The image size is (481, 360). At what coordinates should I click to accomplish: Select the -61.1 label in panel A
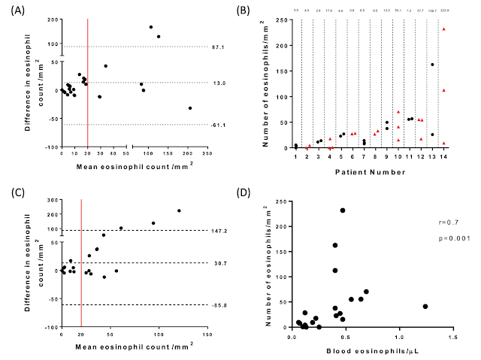tap(219, 125)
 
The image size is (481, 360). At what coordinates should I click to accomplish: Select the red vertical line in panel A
tap(89, 83)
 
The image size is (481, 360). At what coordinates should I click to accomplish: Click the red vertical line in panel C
tap(81, 263)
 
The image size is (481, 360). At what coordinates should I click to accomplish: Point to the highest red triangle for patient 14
tap(444, 29)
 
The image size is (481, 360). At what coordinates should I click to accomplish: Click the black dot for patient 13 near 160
tap(432, 65)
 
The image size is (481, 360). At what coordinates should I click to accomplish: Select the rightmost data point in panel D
tap(425, 307)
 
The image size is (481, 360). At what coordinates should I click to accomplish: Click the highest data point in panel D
tap(343, 210)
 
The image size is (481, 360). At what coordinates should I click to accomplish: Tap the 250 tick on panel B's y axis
tap(283, 19)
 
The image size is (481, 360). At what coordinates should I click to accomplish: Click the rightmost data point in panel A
tap(189, 108)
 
